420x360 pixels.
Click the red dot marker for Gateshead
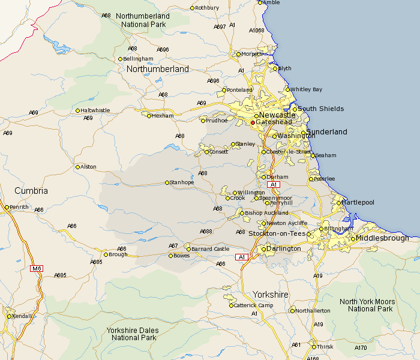(x=253, y=122)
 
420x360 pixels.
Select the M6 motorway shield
(x=37, y=268)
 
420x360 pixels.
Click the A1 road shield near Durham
(x=274, y=184)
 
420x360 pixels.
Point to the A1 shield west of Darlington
(x=241, y=257)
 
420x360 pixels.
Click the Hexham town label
(x=163, y=116)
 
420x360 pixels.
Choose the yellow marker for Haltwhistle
(x=77, y=110)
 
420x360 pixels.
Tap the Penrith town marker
(x=7, y=207)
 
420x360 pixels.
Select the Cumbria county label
(x=31, y=191)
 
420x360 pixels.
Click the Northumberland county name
(x=157, y=69)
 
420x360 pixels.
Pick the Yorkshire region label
(x=270, y=295)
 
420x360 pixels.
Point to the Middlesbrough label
(x=382, y=238)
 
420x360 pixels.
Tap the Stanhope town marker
(x=167, y=182)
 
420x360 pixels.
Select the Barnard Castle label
(x=210, y=249)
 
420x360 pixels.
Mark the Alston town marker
(x=77, y=167)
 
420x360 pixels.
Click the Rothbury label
(x=207, y=8)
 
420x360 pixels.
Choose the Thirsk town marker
(x=314, y=347)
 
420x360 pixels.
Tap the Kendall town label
(x=23, y=316)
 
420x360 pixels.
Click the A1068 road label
(x=256, y=30)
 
